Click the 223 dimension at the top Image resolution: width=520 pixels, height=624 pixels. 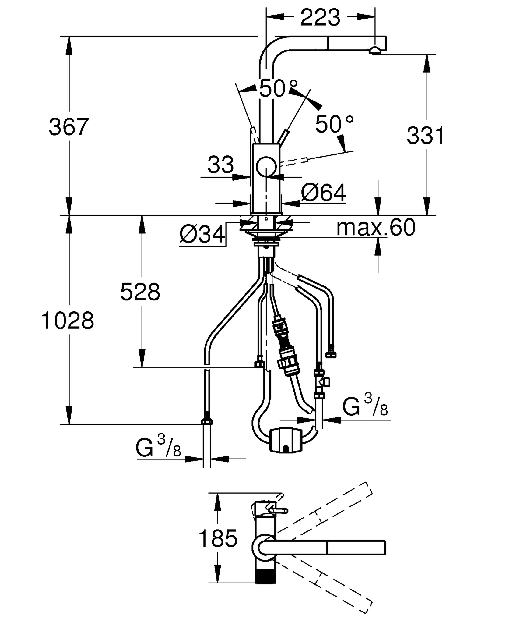coord(320,18)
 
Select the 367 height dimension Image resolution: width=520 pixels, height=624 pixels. coord(69,127)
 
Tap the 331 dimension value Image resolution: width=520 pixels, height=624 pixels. coord(425,136)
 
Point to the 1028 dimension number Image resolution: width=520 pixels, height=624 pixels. coord(68,321)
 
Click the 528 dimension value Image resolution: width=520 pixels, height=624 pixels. coord(140,292)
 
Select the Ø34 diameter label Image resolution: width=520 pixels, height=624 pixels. coord(202,234)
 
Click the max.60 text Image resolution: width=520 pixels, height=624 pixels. coord(376,227)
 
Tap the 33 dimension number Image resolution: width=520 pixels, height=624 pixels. coord(220,165)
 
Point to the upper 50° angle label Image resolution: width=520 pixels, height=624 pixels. coord(278,89)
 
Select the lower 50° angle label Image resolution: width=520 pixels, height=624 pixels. coord(334,124)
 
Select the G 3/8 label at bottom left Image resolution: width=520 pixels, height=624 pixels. coord(158,447)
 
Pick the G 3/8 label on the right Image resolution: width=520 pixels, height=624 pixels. coord(365,406)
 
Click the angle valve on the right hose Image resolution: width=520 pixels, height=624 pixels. coord(321,381)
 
